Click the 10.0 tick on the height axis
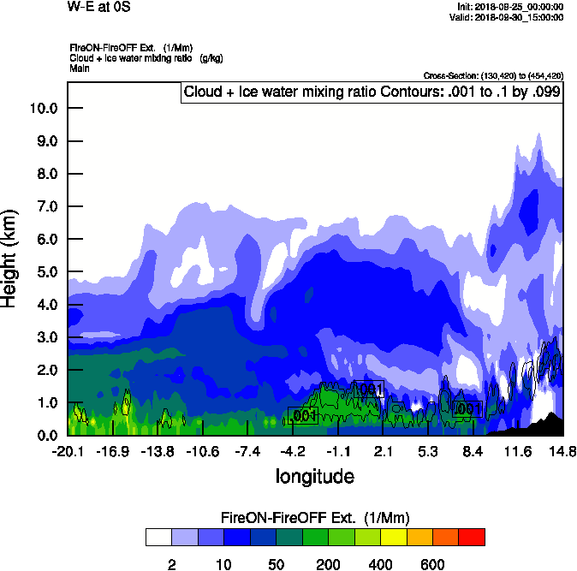click(x=42, y=109)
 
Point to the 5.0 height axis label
click(x=42, y=272)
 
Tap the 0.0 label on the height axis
click(x=42, y=436)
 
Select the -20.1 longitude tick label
click(x=67, y=451)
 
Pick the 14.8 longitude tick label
click(x=562, y=451)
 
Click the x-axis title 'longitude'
click(x=314, y=475)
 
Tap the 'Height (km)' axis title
click(x=10, y=258)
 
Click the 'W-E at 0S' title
click(x=98, y=7)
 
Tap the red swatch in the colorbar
click(x=472, y=537)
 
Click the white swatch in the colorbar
click(x=158, y=537)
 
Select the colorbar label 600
click(x=432, y=565)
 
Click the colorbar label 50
click(x=276, y=565)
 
